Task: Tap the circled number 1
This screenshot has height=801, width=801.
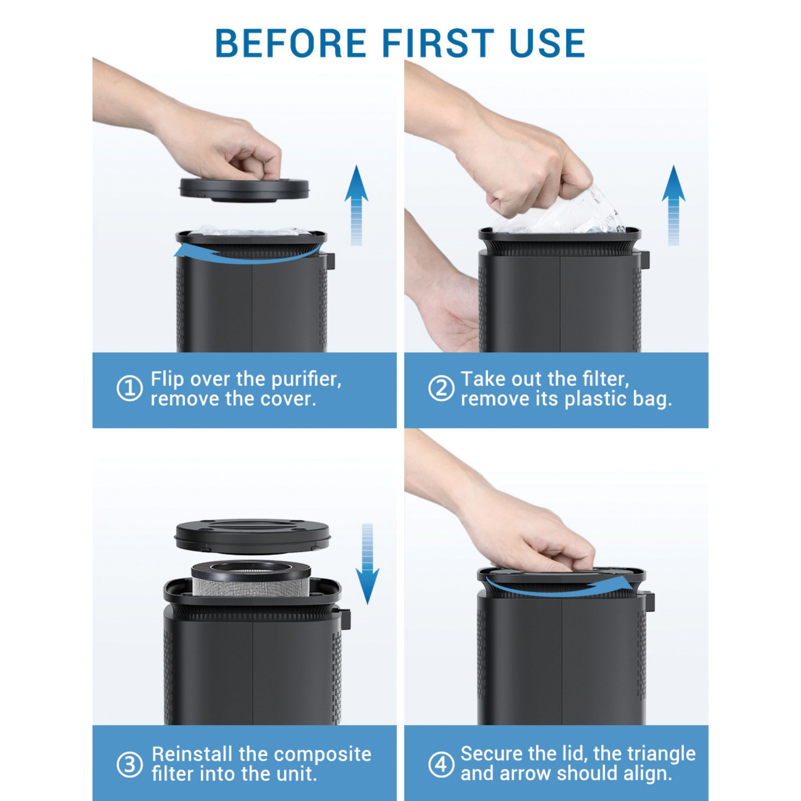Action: point(130,388)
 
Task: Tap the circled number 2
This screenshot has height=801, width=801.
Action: point(441,388)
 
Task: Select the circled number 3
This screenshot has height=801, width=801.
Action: point(130,764)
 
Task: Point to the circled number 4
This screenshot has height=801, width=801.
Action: point(441,764)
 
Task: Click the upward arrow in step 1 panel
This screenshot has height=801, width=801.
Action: point(356,205)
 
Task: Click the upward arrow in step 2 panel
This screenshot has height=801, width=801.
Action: point(673,205)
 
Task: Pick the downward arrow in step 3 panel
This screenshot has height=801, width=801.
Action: point(367,564)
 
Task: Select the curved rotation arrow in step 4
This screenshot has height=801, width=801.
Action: point(561,591)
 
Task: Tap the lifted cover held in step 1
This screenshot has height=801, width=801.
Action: point(244,190)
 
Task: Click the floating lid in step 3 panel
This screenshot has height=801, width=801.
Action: point(253,536)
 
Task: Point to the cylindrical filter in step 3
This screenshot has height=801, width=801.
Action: point(251,579)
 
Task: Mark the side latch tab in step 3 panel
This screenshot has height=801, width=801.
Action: point(344,618)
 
